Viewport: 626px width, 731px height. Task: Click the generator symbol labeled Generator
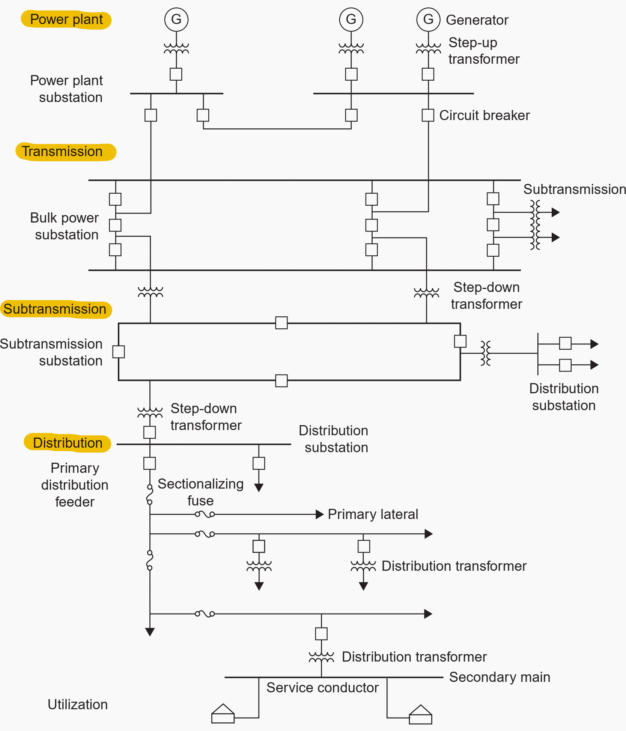pos(428,19)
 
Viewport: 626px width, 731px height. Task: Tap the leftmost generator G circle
pos(176,19)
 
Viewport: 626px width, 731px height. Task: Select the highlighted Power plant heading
pos(66,20)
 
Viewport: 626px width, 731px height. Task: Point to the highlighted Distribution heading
pos(68,443)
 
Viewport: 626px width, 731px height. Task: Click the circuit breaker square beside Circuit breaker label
pos(428,115)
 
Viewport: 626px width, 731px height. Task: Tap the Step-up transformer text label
pos(484,51)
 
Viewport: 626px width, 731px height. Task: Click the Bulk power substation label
pos(65,226)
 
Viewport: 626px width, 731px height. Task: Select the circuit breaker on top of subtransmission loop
pos(281,323)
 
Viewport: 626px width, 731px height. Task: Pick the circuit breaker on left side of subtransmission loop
pos(119,352)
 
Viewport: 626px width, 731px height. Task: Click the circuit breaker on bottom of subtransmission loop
pos(281,381)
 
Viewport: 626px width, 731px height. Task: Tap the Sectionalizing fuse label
pos(200,492)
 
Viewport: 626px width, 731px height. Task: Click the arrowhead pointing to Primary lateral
pos(319,514)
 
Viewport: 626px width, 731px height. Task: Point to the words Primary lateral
pos(373,514)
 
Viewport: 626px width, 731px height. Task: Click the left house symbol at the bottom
pos(223,713)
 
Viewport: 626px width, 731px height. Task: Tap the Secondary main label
pos(500,677)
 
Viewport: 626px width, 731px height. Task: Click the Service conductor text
pos(322,687)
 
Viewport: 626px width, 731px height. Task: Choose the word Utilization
pos(78,704)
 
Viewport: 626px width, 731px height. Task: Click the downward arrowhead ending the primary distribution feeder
pos(150,632)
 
